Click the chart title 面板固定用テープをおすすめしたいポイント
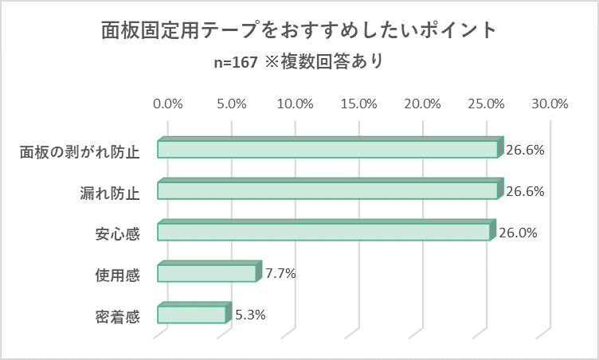point(299,30)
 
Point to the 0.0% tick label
point(168,104)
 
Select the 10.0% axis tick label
point(295,104)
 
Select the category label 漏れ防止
point(110,194)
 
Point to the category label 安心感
point(117,234)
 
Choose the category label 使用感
point(117,276)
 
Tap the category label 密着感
point(117,317)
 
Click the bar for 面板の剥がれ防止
point(327,149)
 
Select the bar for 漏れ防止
point(327,190)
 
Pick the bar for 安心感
point(323,232)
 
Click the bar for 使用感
point(207,273)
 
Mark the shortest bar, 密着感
point(192,314)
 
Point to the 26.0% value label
point(518,233)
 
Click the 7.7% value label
point(280,273)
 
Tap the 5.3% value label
point(249,314)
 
